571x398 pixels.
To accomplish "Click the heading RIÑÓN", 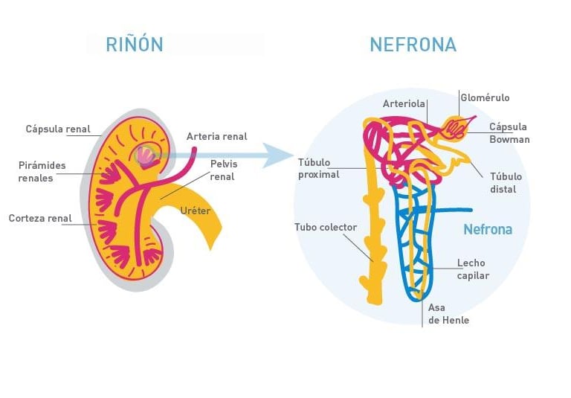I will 134,44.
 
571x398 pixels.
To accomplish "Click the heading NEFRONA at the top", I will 413,45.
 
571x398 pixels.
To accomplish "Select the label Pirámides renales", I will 42,172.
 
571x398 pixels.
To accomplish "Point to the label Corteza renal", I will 40,219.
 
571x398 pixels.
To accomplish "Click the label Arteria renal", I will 216,137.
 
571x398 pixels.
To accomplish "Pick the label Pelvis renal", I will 223,170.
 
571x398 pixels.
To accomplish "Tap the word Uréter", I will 196,211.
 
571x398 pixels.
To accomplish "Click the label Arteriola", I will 404,104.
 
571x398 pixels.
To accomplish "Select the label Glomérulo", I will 485,98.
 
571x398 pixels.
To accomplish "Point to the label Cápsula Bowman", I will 509,133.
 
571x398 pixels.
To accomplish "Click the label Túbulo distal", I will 506,183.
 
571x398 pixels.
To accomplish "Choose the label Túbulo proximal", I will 318,169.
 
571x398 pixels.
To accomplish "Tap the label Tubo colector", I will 326,228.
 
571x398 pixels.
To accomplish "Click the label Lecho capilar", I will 473,269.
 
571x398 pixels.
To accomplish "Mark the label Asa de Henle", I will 448,314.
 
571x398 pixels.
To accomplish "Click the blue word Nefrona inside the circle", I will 488,230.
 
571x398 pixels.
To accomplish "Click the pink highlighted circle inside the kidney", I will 146,155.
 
